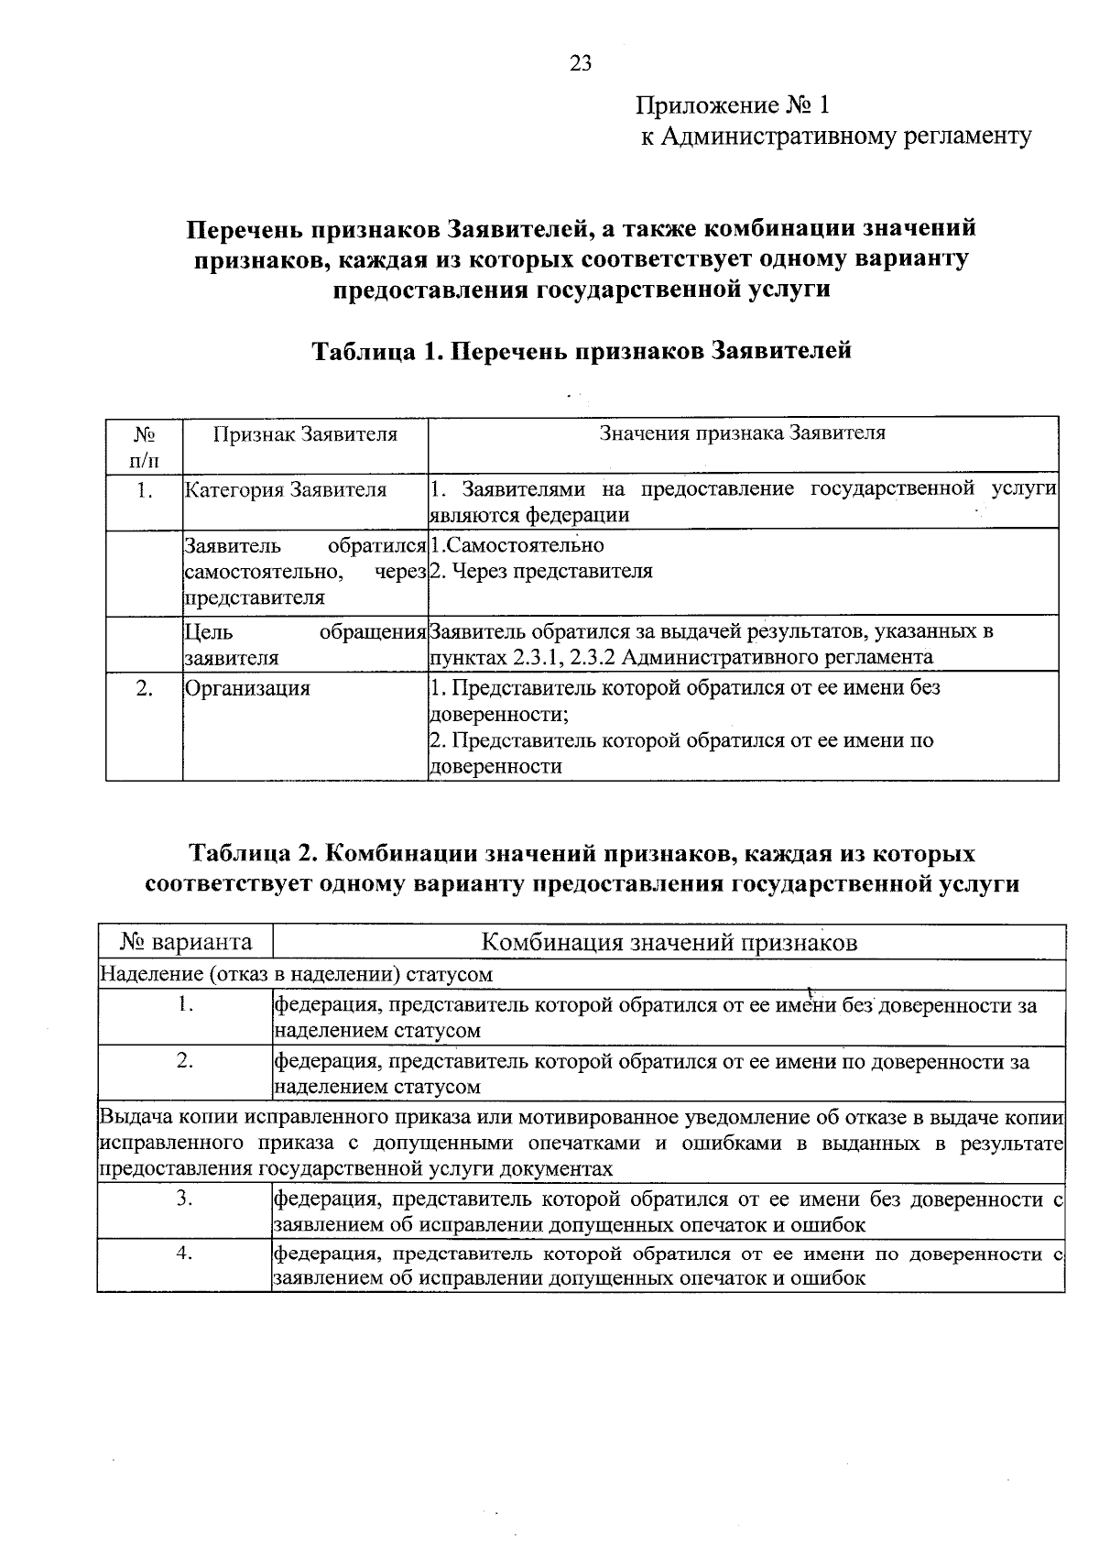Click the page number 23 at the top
[581, 62]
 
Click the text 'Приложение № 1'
[733, 105]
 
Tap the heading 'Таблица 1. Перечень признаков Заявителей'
[582, 350]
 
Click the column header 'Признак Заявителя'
[305, 433]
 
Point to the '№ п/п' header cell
[144, 445]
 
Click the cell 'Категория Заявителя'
[286, 490]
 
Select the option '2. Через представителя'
[541, 572]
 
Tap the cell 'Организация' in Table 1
[247, 688]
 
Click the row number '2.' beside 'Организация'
[144, 688]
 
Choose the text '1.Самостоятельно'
[517, 546]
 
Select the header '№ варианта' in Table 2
[186, 942]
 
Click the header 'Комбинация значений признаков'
[669, 942]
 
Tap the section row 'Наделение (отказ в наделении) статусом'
[296, 974]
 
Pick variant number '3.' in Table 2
[185, 1199]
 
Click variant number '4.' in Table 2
[185, 1254]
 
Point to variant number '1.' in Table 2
[185, 1005]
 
